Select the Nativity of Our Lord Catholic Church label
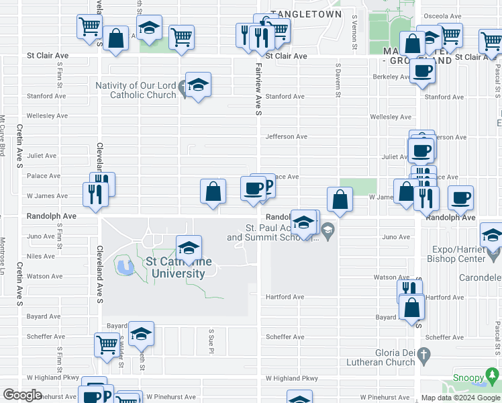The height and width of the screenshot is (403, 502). [135, 90]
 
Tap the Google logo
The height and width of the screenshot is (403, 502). [22, 395]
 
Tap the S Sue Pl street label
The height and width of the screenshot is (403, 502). [211, 341]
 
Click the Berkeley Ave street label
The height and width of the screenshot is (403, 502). [391, 77]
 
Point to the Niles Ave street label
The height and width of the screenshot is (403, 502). [40, 256]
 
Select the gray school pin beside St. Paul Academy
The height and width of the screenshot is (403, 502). [328, 232]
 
